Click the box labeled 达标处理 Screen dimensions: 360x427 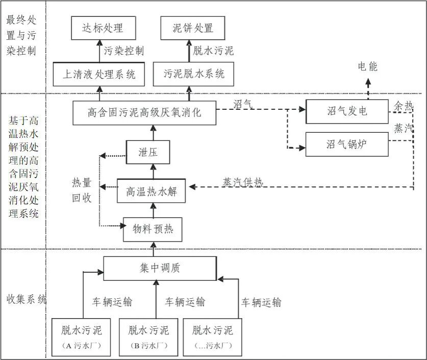coord(103,28)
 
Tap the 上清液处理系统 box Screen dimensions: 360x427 coord(99,75)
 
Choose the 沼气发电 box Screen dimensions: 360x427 coord(347,111)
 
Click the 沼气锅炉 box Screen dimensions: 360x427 coord(347,144)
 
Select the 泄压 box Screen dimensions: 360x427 coord(147,152)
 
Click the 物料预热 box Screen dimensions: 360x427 coord(153,229)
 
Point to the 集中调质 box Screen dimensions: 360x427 coord(160,268)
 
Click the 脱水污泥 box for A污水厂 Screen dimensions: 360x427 coord(83,337)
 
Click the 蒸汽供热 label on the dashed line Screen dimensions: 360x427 coord(242,182)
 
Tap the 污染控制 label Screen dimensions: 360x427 coord(124,51)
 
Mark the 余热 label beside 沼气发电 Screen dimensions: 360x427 coord(403,106)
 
